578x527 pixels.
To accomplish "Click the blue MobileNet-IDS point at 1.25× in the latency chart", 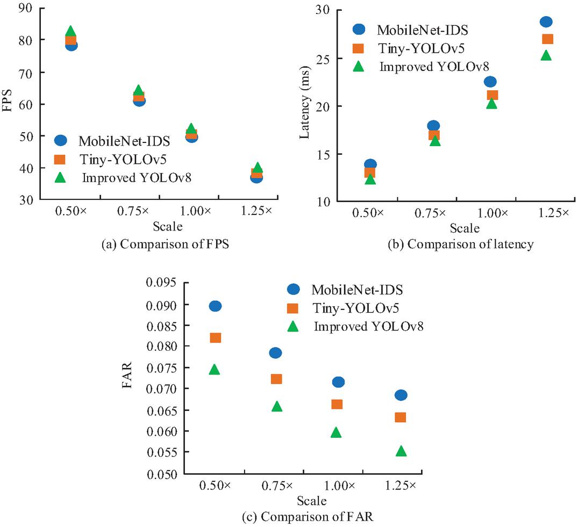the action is pos(546,21).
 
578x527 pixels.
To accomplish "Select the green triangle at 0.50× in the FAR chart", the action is pos(215,370).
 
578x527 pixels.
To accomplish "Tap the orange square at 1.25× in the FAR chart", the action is pos(401,417).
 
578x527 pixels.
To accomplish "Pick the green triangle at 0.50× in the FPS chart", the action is pos(70,31).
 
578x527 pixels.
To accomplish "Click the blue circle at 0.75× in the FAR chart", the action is pos(276,353).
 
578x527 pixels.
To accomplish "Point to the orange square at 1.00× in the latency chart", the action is pos(493,95).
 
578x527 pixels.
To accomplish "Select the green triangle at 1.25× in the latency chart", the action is pos(546,55).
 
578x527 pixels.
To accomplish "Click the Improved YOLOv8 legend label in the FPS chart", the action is pos(137,178).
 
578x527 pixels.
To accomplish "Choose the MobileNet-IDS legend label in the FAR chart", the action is pos(357,290).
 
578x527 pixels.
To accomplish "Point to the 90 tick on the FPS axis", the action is pos(26,8).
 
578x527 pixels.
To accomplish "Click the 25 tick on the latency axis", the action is pos(323,59).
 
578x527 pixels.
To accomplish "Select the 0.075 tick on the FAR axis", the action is pos(161,367).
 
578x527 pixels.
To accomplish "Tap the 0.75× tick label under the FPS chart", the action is pos(133,211).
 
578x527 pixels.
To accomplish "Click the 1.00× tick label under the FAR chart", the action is pos(339,486).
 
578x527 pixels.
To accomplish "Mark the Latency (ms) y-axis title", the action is pos(304,103).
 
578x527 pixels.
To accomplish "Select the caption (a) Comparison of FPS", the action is pos(165,244).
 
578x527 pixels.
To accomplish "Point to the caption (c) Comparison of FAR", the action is pos(308,517).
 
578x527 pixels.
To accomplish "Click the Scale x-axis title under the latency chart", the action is pos(465,228).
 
